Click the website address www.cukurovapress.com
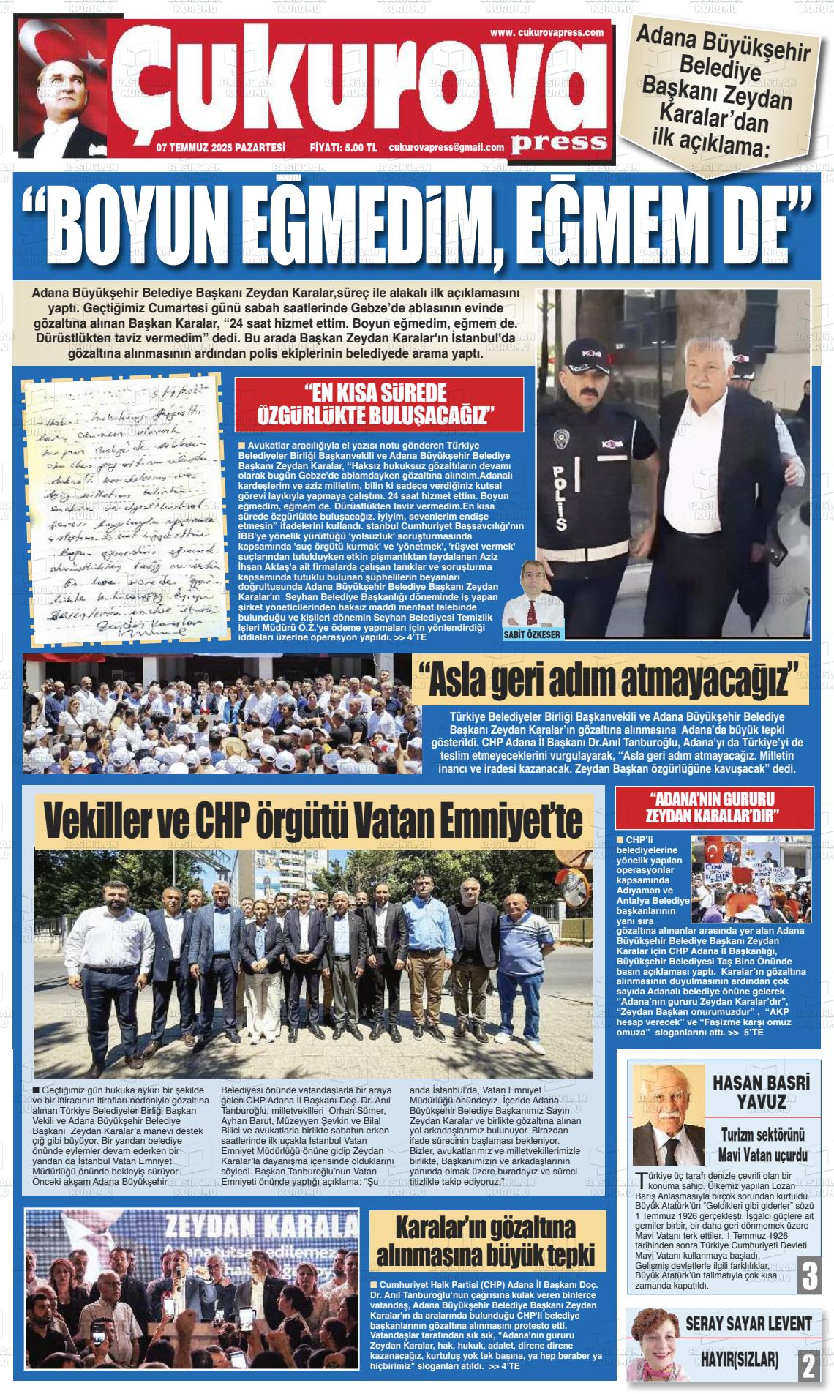tap(546, 32)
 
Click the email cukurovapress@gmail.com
tap(446, 147)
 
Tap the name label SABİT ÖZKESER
tap(533, 634)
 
